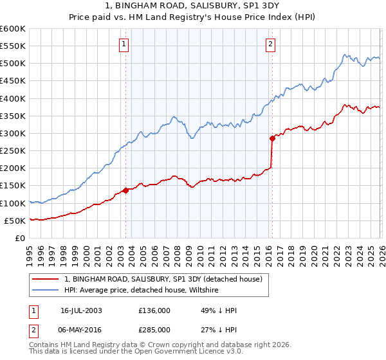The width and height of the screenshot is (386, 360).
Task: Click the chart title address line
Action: pos(192,6)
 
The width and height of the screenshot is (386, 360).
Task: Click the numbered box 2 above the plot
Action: pos(270,44)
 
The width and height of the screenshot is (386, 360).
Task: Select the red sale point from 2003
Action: pos(125,190)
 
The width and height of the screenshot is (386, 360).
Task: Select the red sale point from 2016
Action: pos(271,138)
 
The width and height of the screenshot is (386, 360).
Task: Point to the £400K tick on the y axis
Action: pos(13,98)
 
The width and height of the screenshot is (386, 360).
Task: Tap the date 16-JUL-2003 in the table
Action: pos(81,310)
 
